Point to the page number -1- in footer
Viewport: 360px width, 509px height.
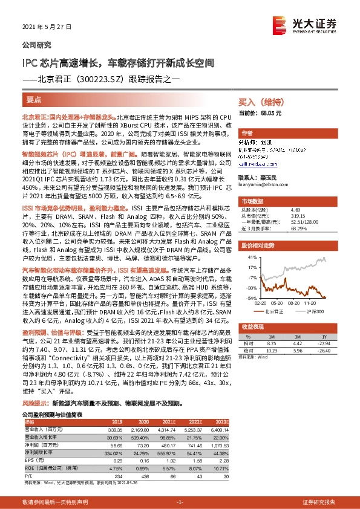tap(180, 502)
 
